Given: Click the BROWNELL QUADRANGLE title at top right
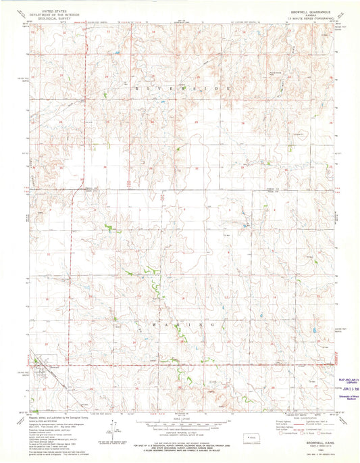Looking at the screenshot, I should pos(310,10).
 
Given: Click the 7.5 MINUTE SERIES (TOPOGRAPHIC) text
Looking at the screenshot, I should pos(310,18).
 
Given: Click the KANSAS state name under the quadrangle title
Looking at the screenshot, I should pos(310,14).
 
